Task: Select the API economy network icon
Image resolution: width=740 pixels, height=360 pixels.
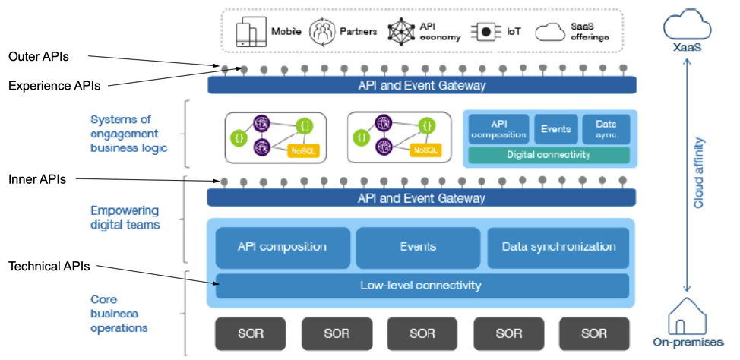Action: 400,32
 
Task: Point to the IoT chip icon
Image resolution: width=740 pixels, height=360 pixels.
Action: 482,32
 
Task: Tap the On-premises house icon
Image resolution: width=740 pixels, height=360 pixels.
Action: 686,317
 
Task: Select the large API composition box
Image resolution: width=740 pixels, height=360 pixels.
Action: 282,247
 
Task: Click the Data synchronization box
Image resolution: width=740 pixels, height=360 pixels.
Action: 558,247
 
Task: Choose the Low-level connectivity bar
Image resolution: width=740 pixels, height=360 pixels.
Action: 422,286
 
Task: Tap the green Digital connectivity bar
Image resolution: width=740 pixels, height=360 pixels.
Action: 548,155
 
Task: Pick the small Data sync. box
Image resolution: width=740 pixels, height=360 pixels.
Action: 606,129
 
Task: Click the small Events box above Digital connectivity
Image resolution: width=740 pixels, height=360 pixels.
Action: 556,129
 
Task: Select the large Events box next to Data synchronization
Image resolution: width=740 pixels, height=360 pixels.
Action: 418,247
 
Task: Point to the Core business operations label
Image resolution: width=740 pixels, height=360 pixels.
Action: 119,313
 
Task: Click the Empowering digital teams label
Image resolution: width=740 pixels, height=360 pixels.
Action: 125,217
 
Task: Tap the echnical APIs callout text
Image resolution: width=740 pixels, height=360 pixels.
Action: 46,267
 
